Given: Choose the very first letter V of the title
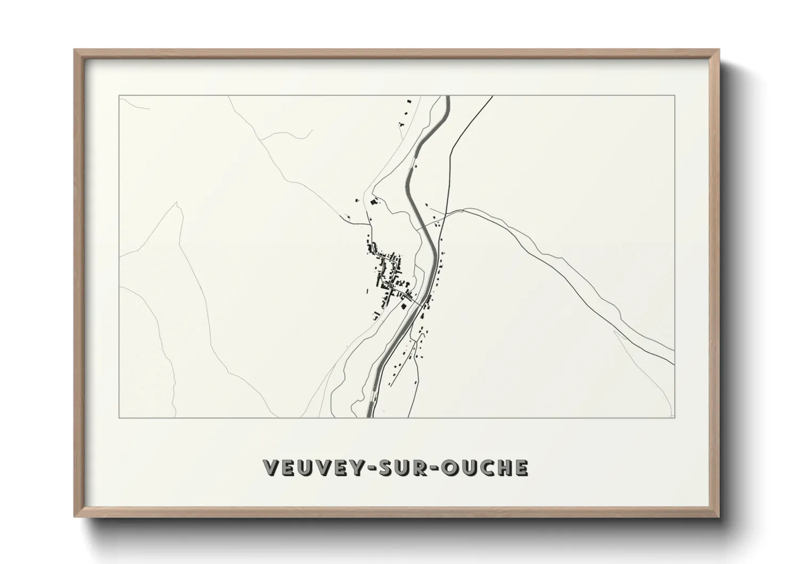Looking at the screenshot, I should point(272,468).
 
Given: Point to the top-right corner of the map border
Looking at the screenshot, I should point(674,96).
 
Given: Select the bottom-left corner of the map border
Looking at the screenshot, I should point(119,417).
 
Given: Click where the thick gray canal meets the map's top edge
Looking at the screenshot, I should point(448,97).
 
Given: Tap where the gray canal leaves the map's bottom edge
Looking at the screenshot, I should point(369,416).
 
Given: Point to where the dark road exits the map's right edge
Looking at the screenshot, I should point(674,365).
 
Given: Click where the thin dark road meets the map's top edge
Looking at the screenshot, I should point(492,96).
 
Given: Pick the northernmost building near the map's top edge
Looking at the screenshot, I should point(409,100).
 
